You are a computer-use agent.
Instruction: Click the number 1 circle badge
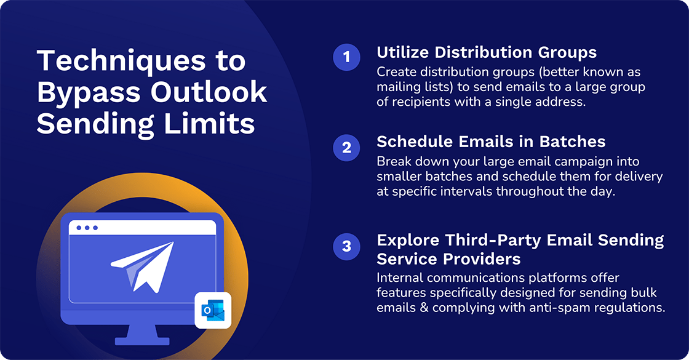click(347, 57)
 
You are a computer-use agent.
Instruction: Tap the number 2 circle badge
click(347, 148)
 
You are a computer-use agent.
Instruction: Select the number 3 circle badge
click(347, 247)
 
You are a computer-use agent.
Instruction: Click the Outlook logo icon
click(213, 310)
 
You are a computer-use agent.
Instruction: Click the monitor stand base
click(142, 341)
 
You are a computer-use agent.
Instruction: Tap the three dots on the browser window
click(87, 228)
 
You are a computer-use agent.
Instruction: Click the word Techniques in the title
click(122, 61)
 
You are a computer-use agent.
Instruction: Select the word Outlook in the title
click(209, 92)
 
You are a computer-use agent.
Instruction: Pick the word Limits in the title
click(209, 124)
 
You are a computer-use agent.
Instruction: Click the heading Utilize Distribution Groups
click(487, 52)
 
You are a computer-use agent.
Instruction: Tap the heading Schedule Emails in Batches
click(491, 142)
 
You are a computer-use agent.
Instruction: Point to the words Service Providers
click(448, 259)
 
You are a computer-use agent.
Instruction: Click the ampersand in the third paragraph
click(424, 308)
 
